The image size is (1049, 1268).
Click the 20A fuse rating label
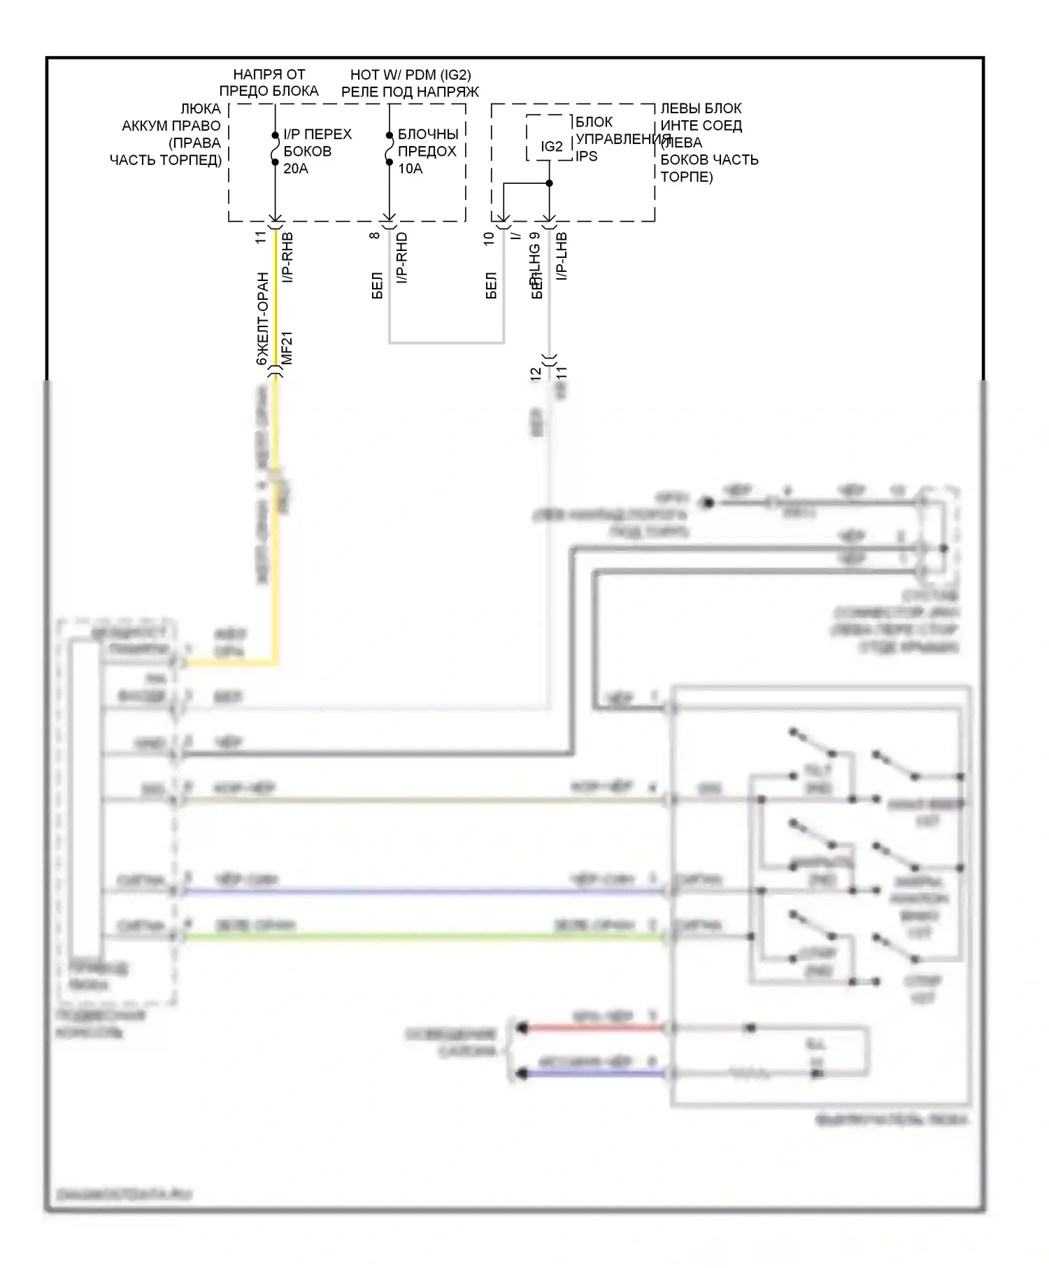(x=296, y=168)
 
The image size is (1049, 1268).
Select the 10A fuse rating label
(x=411, y=168)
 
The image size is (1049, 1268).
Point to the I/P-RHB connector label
(x=287, y=257)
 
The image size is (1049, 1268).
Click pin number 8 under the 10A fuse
(x=376, y=235)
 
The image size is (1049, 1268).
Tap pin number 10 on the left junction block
(x=490, y=237)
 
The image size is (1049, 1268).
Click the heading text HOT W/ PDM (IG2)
(x=411, y=75)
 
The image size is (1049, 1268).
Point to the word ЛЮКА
(x=200, y=109)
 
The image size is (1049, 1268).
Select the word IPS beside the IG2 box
(x=587, y=156)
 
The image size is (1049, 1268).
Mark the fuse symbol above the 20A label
(x=275, y=149)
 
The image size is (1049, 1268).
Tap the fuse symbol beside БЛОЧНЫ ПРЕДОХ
(x=390, y=149)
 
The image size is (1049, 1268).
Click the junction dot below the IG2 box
(x=550, y=183)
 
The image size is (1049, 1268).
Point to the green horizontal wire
(x=420, y=937)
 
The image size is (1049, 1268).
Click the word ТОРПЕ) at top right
(x=687, y=177)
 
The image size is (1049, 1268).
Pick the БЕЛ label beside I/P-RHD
(x=377, y=286)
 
